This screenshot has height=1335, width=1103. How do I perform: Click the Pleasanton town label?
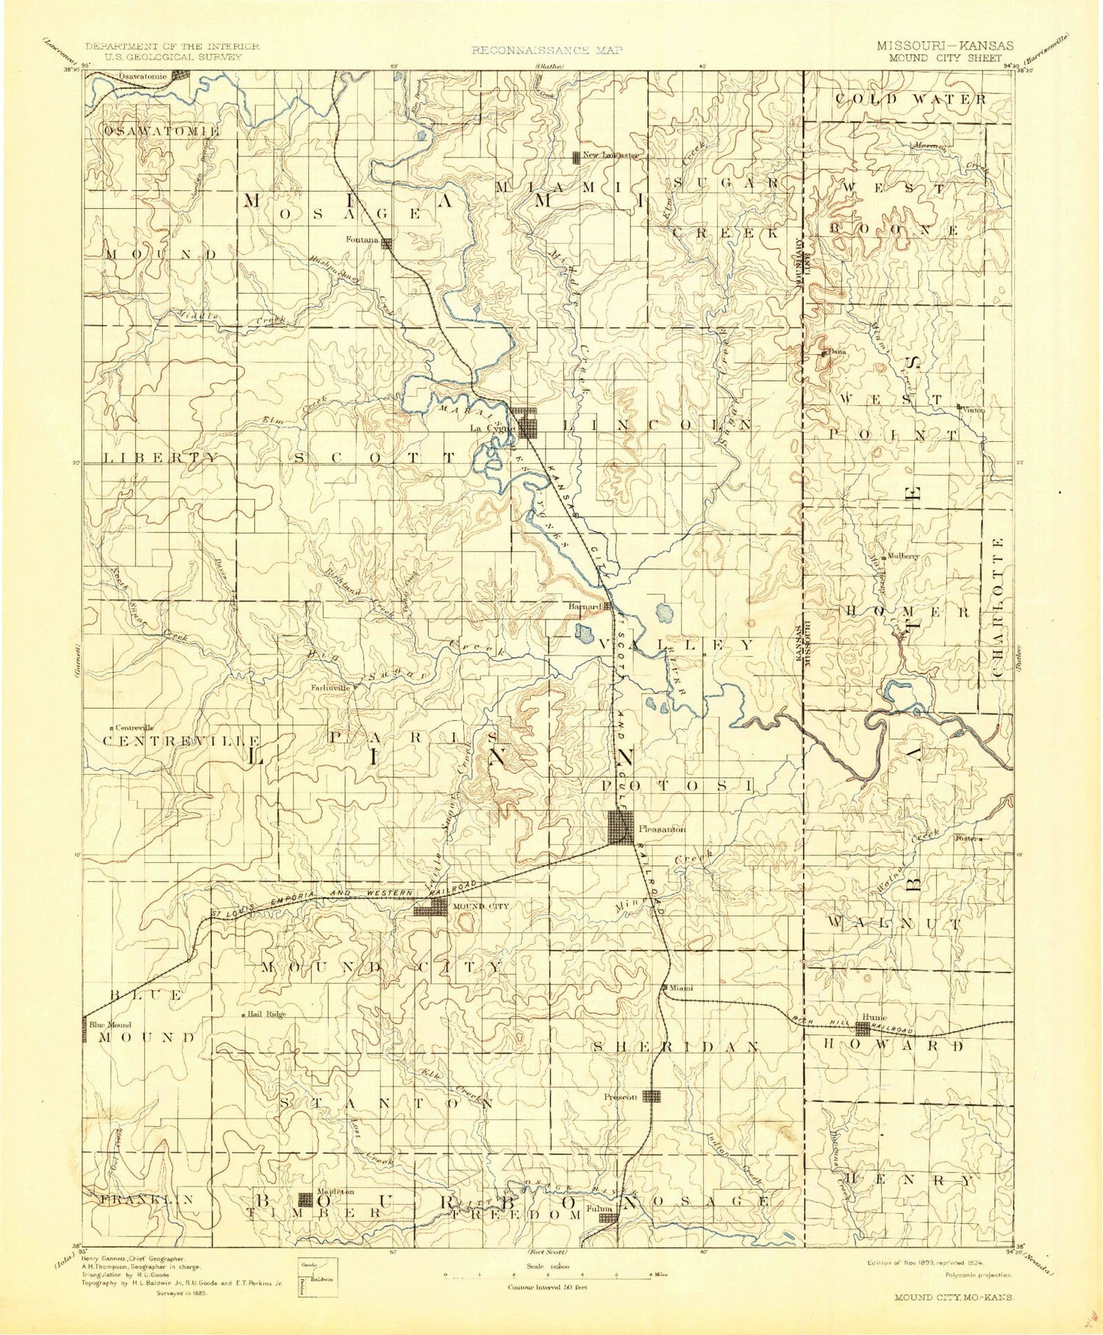coord(662,828)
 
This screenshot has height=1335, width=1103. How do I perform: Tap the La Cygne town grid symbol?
coord(526,423)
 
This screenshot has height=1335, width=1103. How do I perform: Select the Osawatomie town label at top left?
coord(145,76)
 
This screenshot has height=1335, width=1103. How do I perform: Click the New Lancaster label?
coord(611,155)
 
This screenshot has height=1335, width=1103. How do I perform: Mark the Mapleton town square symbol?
coord(304,1200)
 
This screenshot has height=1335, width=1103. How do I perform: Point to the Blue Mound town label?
coord(111,1025)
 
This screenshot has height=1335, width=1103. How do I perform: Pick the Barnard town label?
coord(586,606)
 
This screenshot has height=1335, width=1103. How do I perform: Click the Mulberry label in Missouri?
coord(904,556)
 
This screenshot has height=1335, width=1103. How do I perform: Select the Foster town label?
coord(964,837)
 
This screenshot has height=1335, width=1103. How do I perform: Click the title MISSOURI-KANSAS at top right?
coord(944,46)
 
